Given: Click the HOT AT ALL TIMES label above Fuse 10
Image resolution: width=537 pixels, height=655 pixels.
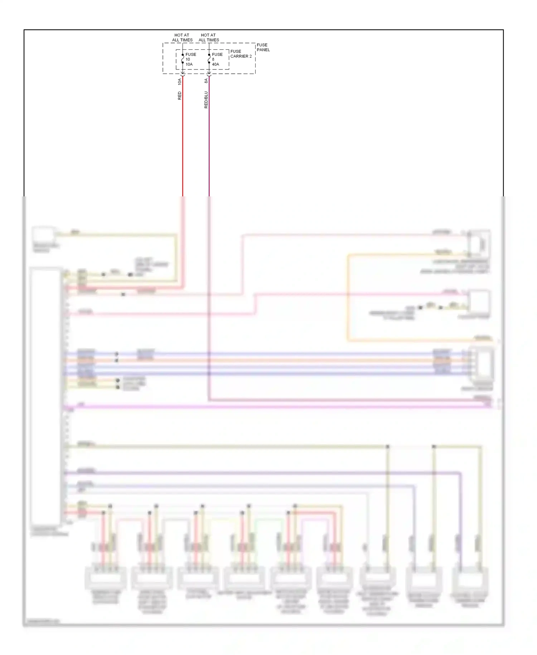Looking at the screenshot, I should point(182,38).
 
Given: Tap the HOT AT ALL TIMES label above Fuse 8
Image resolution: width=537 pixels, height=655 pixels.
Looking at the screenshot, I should point(209,38).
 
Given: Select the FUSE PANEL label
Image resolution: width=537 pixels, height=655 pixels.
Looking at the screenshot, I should point(263,47).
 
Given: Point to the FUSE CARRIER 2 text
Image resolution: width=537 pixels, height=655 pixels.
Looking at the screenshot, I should point(241,54).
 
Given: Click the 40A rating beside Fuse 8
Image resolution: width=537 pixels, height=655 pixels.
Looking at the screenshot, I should point(216,64).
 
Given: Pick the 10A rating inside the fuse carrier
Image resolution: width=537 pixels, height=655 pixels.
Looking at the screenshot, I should point(189,64).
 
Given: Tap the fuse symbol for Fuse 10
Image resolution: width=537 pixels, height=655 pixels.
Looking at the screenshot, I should point(183,59).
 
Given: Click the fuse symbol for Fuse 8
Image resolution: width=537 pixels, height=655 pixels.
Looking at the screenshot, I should point(209,59).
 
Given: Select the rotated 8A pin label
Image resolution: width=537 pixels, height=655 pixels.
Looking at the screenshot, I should point(206,81).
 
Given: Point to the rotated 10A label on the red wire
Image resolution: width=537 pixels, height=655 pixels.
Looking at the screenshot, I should point(180,82).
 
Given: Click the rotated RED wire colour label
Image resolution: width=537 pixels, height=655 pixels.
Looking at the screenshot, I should point(180,96).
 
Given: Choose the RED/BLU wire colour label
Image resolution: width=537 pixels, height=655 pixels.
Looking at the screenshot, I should point(206,100).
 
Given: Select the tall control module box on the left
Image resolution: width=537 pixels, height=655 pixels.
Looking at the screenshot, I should point(46,396).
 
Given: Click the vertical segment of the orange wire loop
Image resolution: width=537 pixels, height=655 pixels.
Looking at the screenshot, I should point(348,297).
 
